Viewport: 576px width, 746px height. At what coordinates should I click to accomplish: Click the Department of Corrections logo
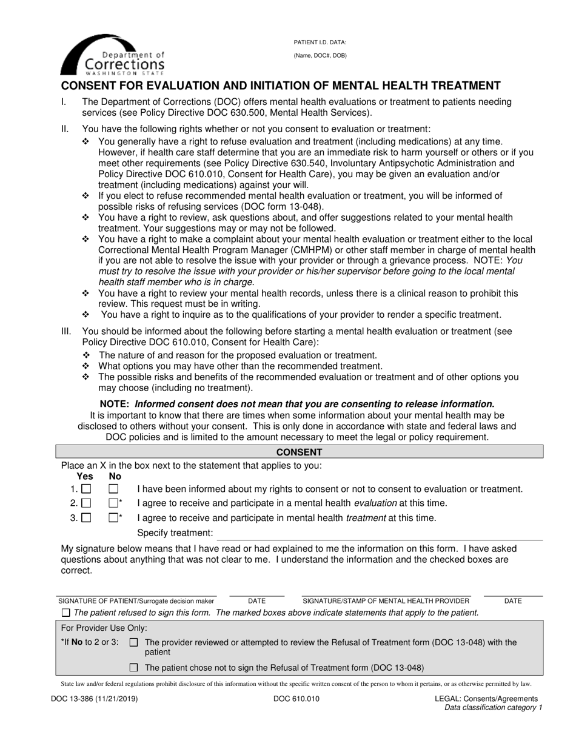click(x=112, y=54)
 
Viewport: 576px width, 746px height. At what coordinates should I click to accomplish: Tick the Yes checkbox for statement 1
click(x=87, y=489)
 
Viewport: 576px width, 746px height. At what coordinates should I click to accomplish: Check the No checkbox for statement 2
click(x=113, y=503)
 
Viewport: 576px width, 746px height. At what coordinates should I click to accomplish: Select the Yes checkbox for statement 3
click(x=87, y=518)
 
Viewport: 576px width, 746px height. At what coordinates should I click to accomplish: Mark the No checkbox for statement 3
click(x=113, y=518)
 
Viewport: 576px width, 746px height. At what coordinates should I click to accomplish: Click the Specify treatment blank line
click(x=379, y=534)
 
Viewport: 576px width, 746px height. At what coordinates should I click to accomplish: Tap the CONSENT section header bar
click(x=300, y=452)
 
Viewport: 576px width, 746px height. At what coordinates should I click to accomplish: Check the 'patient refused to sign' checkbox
click(x=66, y=613)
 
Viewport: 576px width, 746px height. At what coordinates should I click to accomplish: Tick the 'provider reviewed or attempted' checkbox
click(x=134, y=642)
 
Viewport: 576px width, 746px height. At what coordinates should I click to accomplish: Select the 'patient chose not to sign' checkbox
click(x=134, y=668)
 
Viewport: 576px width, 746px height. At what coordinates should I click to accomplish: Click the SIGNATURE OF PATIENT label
click(x=136, y=601)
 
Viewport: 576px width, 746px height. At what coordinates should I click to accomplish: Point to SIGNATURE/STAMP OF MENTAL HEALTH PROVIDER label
click(x=386, y=601)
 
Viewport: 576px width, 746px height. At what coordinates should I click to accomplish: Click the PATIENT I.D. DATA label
click(x=320, y=42)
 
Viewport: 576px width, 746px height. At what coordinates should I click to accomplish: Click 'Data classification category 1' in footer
click(x=493, y=707)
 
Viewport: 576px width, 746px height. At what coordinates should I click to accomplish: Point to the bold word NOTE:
click(x=115, y=404)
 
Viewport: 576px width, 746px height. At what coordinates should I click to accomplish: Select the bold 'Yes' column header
click(x=85, y=476)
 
